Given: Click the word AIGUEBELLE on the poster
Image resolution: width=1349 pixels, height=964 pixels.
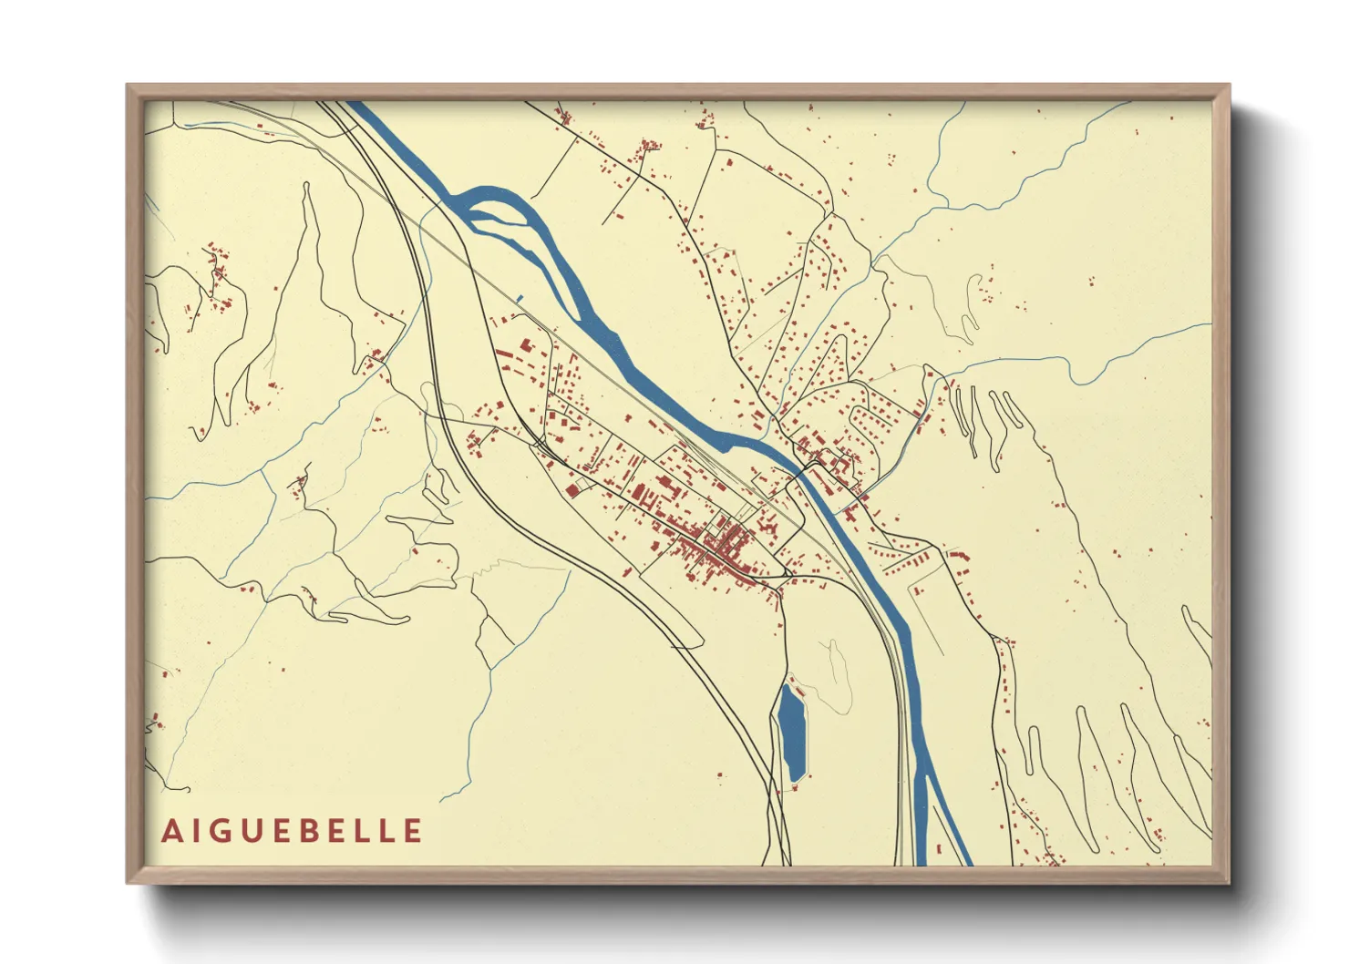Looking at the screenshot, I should click(292, 831).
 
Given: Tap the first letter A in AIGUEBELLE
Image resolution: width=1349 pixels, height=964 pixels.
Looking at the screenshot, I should click(172, 831).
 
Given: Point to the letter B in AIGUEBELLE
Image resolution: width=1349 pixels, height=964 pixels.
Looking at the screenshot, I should click(323, 831).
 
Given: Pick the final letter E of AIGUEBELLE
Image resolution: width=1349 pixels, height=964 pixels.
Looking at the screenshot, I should click(413, 831).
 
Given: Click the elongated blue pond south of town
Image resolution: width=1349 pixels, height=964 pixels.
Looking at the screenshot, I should click(792, 733).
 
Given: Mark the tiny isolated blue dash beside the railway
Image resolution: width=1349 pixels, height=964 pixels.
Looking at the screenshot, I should click(520, 298).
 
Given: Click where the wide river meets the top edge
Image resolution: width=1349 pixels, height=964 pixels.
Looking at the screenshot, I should click(358, 103).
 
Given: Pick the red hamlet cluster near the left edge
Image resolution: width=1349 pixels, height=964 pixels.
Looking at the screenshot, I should click(217, 273).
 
